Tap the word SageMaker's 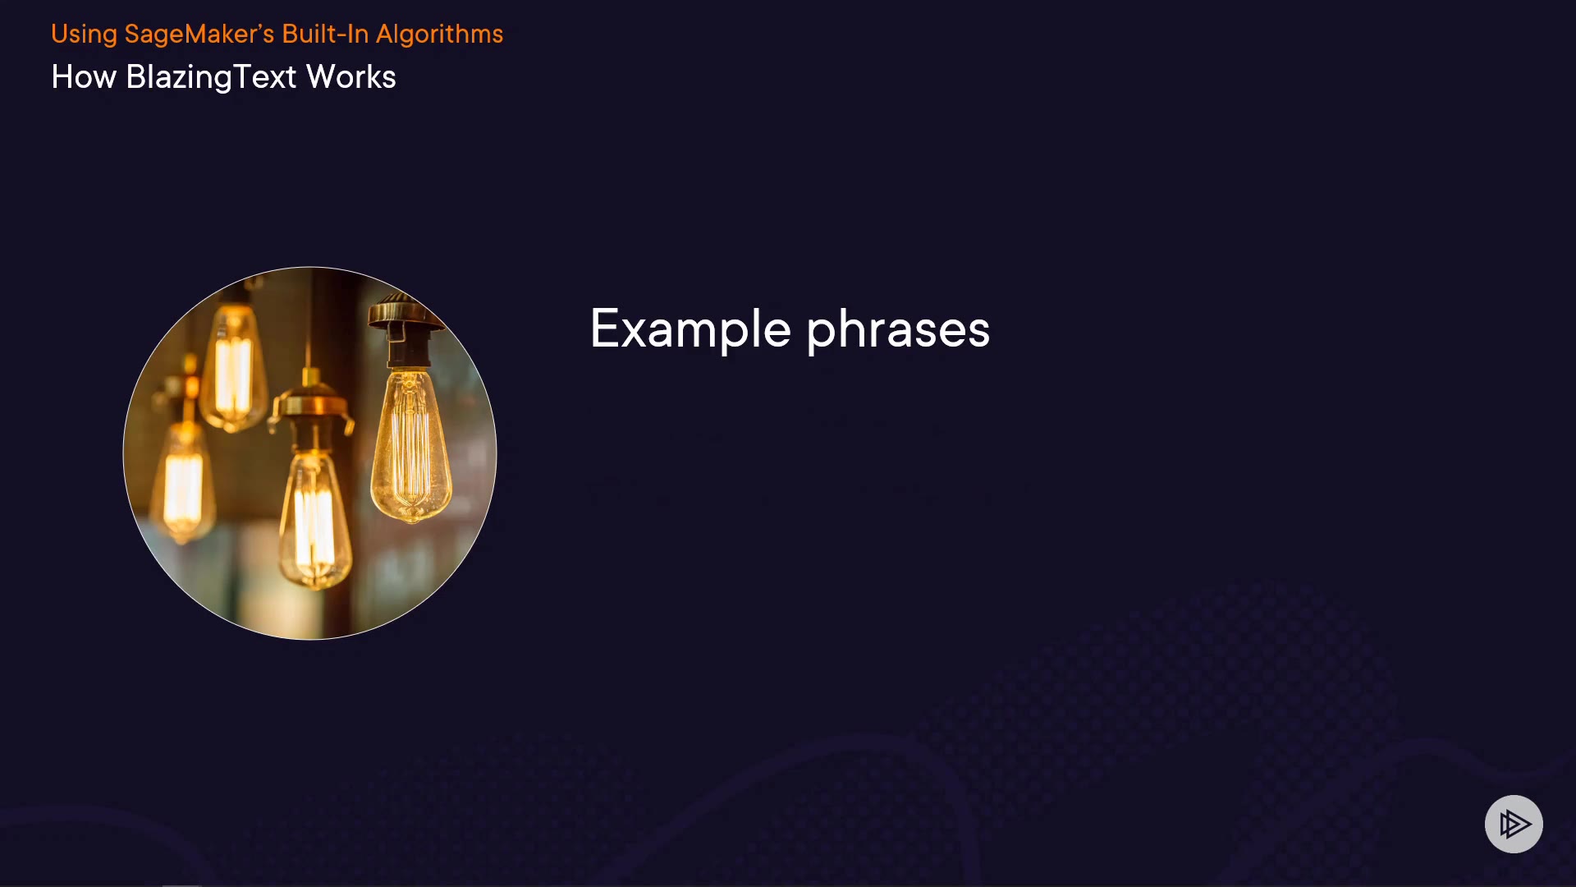coord(199,34)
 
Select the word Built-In coord(325,34)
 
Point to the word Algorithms coord(439,34)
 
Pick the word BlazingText coord(211,77)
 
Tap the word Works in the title coord(351,77)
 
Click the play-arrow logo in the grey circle coord(1514,824)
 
